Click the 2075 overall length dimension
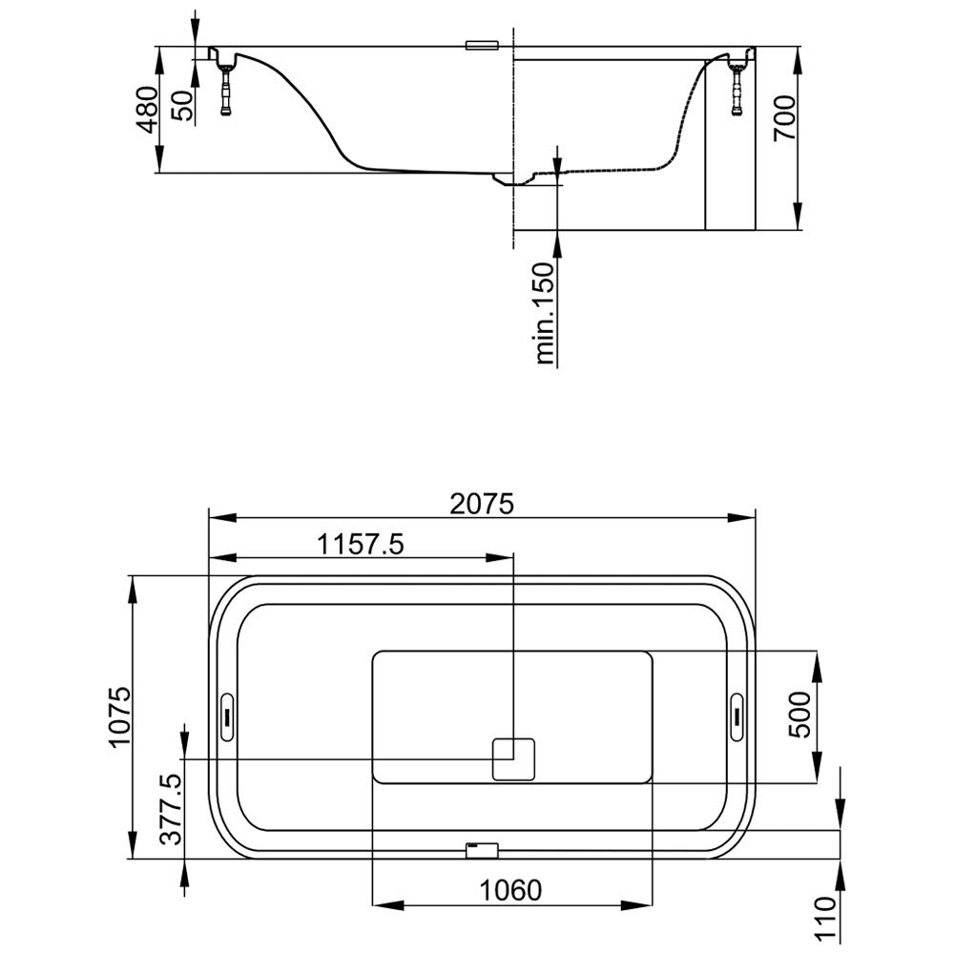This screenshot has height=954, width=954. (482, 504)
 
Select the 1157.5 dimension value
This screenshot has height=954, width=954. (362, 545)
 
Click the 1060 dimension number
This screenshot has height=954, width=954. (510, 890)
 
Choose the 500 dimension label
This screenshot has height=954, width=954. (799, 715)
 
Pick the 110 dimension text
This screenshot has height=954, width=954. (825, 919)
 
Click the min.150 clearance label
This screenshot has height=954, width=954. (545, 313)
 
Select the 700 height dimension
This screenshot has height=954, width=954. (784, 118)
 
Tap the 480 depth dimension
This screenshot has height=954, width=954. (147, 110)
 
